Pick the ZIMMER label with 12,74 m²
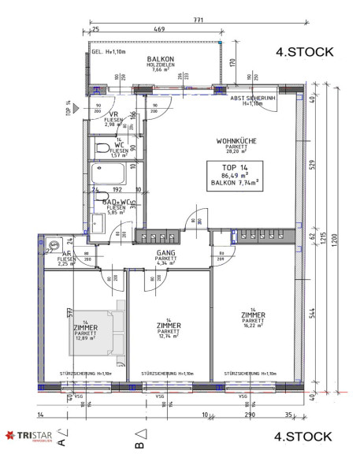click(x=169, y=326)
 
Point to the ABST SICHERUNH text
click(x=251, y=98)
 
